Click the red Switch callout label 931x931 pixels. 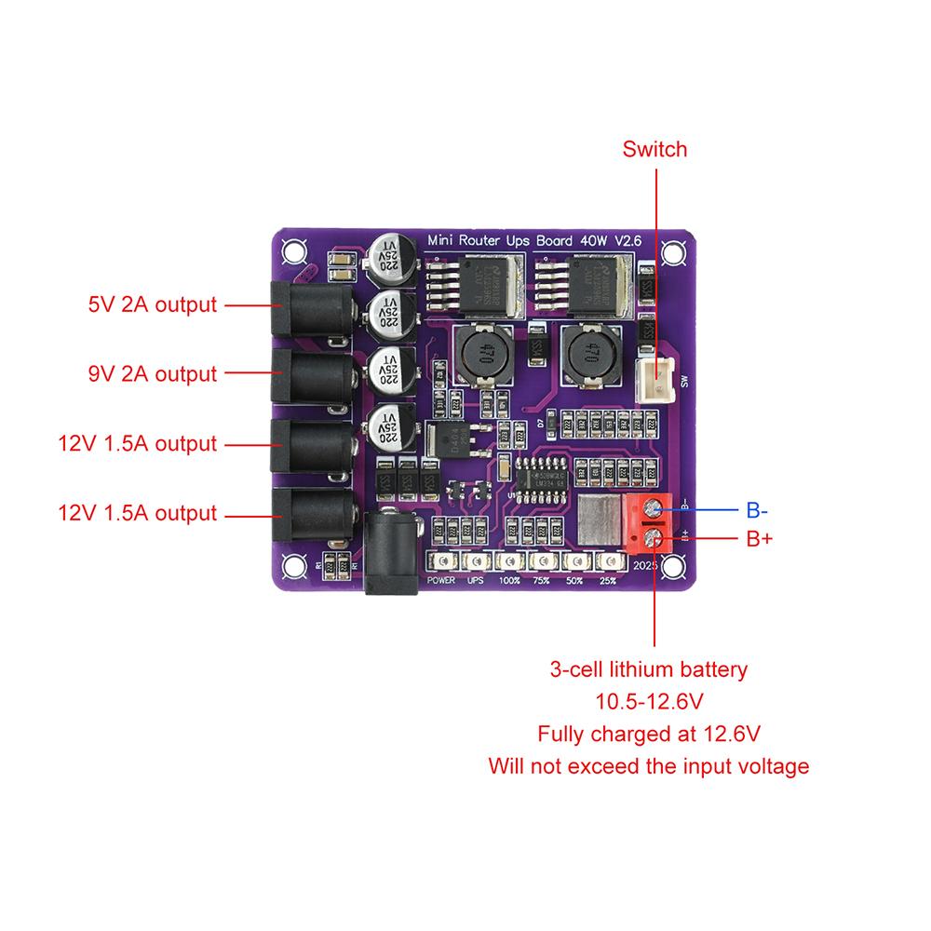pos(654,149)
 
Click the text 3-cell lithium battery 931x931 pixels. pos(648,669)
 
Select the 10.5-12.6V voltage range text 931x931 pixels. pos(648,701)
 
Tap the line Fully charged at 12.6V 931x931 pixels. pos(648,734)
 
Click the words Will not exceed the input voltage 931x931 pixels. pos(648,766)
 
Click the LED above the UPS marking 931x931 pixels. pos(474,562)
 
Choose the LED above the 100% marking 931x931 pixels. pos(508,562)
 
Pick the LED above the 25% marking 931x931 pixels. pos(609,562)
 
